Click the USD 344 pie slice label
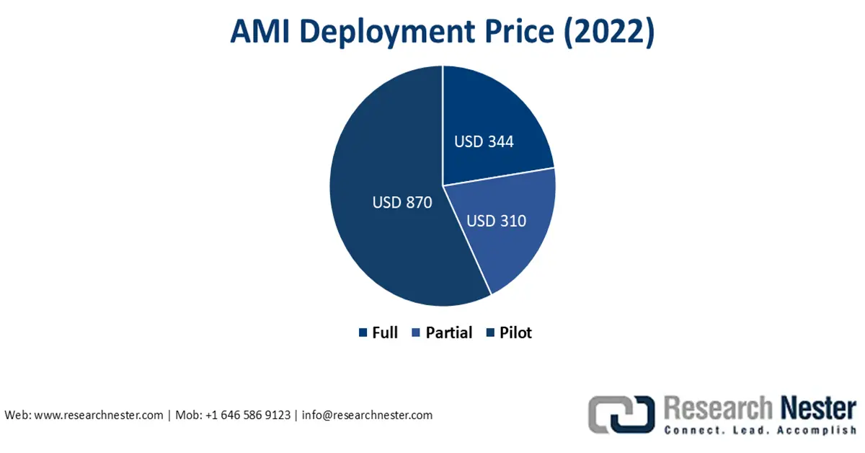[484, 141]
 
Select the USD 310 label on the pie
[496, 221]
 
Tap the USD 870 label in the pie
[402, 203]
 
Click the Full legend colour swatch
[363, 333]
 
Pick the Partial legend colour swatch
[416, 333]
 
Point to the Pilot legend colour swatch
[490, 333]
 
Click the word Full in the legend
[385, 333]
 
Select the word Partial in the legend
[448, 333]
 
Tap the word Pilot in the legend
[515, 333]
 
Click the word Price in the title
[520, 31]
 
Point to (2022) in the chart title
[609, 32]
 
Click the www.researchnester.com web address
[99, 415]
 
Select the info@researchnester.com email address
[367, 415]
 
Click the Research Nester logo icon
[621, 414]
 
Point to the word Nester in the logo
[818, 408]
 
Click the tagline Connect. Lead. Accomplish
[760, 430]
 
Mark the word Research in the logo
[718, 408]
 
